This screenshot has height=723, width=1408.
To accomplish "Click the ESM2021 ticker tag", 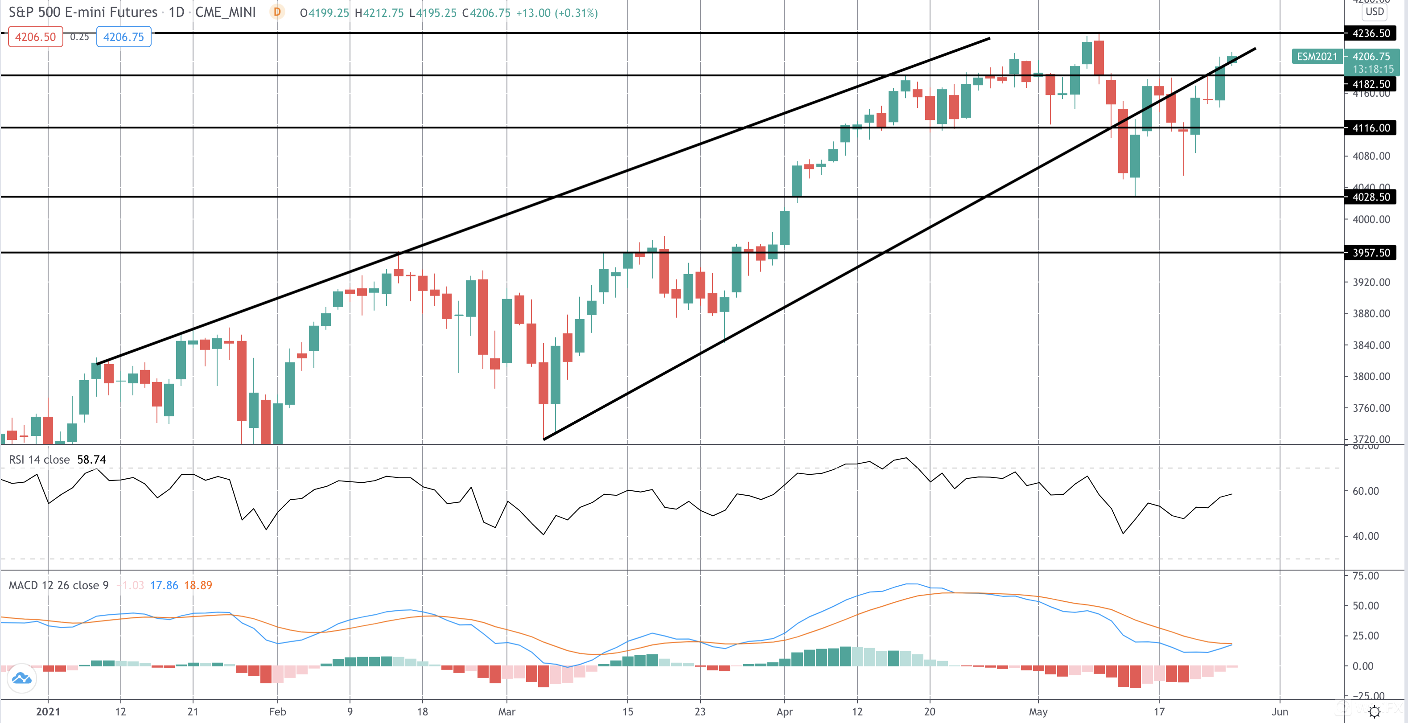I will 1317,56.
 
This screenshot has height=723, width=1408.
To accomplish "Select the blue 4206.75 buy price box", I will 124,37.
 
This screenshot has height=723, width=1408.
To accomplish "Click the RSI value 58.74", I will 91,460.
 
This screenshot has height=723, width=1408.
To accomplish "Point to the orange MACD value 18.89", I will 198,585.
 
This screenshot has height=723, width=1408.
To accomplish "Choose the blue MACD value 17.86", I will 164,585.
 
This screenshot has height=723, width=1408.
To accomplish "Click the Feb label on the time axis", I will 277,711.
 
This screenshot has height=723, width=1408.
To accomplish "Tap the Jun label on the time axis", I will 1280,711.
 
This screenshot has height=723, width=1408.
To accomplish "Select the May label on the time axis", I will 1038,711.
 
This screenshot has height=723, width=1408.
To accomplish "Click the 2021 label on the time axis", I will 48,711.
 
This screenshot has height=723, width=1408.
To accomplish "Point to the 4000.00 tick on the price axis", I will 1371,219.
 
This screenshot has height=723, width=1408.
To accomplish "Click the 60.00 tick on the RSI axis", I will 1365,491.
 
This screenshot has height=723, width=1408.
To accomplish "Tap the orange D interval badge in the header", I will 277,12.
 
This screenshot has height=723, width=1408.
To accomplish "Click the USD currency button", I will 1374,12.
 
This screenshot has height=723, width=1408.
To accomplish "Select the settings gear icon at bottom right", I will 1374,711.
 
